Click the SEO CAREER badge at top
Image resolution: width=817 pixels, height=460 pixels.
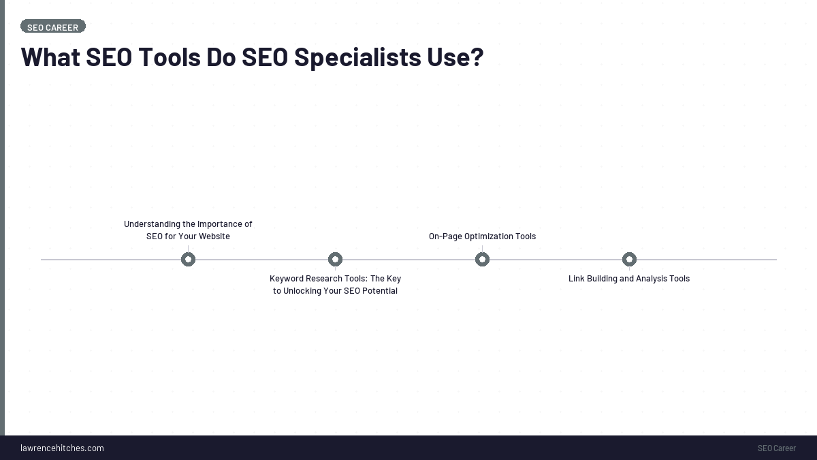point(52,27)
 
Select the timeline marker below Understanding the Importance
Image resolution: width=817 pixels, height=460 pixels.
point(188,259)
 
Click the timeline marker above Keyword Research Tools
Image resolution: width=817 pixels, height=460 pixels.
point(335,259)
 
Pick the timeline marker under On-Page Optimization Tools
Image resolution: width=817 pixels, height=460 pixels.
point(482,259)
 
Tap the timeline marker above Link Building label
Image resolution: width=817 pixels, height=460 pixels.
point(629,259)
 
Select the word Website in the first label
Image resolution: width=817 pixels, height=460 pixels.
point(214,236)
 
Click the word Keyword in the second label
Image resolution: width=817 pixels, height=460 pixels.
point(286,279)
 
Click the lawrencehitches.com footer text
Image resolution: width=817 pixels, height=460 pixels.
point(62,448)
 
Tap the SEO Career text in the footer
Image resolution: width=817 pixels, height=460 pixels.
point(776,448)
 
